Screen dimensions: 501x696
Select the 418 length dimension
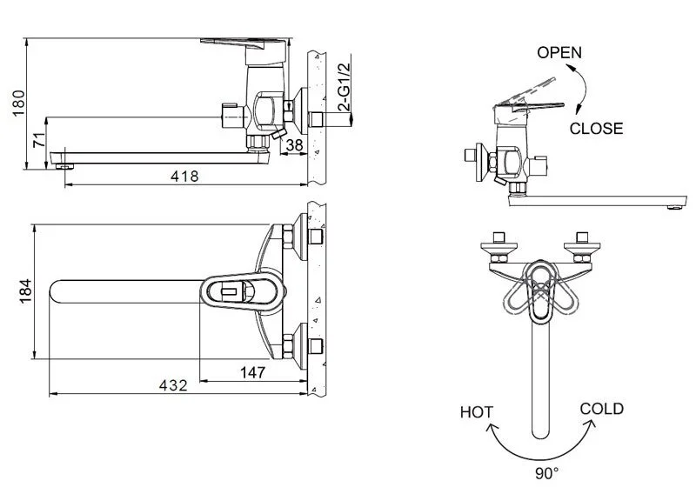point(184,177)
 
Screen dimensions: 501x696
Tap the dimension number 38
point(294,145)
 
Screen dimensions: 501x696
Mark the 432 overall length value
point(171,386)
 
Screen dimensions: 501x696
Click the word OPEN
point(559,52)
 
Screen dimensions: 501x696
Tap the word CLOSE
point(596,129)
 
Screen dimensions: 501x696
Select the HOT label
point(477,412)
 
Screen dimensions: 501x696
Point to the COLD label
point(601,409)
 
